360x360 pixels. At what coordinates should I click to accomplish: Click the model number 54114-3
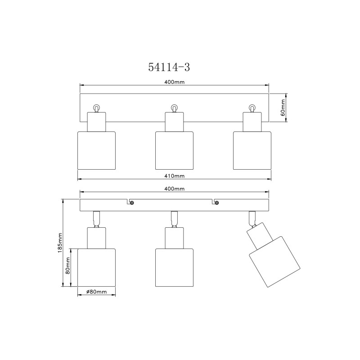pyautogui.click(x=169, y=67)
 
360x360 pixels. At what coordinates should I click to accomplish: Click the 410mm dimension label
pyautogui.click(x=175, y=176)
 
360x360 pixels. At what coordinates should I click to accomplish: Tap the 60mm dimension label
pyautogui.click(x=283, y=108)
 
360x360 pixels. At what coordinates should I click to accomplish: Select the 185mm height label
pyautogui.click(x=60, y=243)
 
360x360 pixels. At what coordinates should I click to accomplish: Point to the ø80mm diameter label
pyautogui.click(x=96, y=292)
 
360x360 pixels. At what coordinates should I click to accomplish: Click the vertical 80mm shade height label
pyautogui.click(x=67, y=265)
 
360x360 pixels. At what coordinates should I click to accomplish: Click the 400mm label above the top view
pyautogui.click(x=175, y=82)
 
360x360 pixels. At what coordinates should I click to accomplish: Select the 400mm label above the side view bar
pyautogui.click(x=175, y=189)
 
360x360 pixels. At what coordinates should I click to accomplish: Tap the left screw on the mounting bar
pyautogui.click(x=132, y=203)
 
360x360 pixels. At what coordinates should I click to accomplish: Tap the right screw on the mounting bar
pyautogui.click(x=216, y=203)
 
